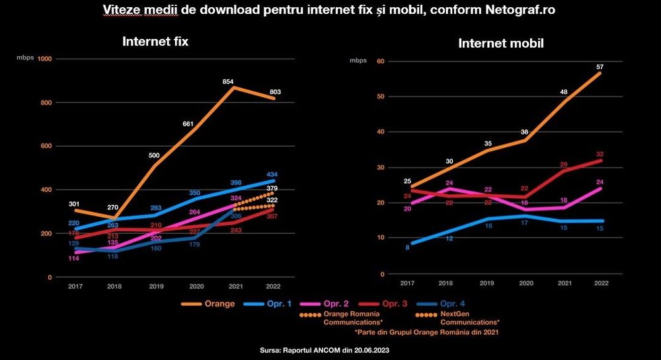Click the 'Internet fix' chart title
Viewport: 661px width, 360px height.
pyautogui.click(x=155, y=42)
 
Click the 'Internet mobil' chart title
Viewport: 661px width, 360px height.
pyautogui.click(x=501, y=44)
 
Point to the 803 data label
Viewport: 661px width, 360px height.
pyautogui.click(x=276, y=92)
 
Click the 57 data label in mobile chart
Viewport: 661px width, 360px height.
pyautogui.click(x=600, y=67)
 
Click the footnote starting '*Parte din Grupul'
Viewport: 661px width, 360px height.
pyautogui.click(x=427, y=332)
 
